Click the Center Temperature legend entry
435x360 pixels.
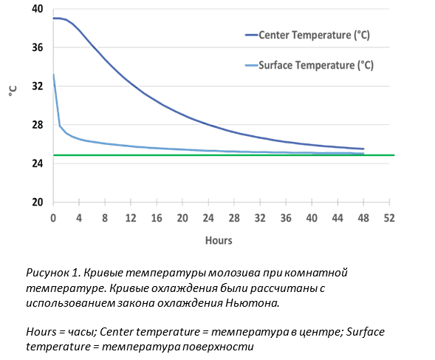307,35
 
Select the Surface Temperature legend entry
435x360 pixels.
309,66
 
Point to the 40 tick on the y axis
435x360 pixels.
38,9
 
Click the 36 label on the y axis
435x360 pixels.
38,47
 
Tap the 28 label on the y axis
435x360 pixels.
38,125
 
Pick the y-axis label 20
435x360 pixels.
38,202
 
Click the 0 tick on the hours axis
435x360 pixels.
53,218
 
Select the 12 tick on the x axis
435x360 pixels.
131,218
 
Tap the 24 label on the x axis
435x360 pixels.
208,218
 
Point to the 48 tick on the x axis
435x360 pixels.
363,218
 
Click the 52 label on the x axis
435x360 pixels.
389,218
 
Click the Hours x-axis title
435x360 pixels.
219,240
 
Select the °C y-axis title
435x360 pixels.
13,91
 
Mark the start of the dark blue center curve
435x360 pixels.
53,18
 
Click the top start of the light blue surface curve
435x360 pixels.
53,74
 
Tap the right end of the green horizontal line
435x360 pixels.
394,155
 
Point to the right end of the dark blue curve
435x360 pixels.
363,149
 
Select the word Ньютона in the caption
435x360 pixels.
252,303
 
